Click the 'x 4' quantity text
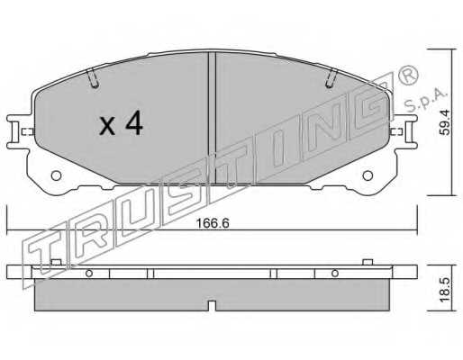[x=120, y=124]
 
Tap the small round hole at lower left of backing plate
[x=55, y=176]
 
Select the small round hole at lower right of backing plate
[x=367, y=176]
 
